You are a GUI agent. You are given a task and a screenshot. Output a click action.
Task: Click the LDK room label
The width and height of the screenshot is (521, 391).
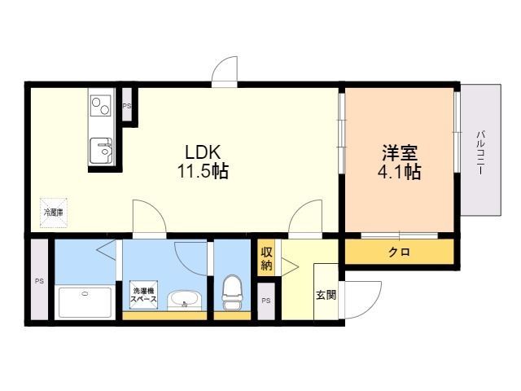203,152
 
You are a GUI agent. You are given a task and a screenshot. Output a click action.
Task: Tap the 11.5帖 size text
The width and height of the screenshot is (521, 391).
203,172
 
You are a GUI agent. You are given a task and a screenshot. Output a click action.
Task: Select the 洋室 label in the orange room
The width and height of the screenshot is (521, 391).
400,153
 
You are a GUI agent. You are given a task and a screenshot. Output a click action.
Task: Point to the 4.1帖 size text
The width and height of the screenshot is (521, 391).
400,172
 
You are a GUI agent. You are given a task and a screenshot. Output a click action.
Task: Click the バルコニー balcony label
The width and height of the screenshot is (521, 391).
480,153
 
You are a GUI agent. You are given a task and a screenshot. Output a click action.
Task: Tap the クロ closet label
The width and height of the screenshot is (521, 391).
400,253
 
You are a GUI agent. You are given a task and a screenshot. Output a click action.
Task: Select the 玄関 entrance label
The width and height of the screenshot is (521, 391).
326,295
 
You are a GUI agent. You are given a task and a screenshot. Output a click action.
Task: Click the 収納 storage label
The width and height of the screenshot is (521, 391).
266,259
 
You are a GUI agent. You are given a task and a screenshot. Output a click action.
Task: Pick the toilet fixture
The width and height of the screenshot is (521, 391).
232,292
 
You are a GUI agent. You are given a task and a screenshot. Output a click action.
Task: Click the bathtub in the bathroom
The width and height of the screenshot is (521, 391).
85,302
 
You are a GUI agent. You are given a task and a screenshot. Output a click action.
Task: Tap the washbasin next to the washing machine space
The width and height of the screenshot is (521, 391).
184,301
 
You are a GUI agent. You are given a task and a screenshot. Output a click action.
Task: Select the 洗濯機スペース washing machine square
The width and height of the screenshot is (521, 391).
143,295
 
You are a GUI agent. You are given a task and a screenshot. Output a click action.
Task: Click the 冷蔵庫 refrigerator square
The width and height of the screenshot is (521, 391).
54,213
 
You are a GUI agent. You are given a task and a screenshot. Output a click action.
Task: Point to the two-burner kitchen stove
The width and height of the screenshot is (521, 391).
101,106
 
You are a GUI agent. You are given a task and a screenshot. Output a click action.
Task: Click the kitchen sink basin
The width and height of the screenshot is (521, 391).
101,151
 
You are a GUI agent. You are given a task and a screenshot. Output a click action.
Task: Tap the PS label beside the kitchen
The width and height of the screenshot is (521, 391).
127,106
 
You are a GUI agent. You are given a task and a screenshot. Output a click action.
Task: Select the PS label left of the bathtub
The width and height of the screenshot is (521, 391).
40,281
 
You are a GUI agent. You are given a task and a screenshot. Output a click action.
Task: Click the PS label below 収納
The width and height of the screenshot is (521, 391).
266,301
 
